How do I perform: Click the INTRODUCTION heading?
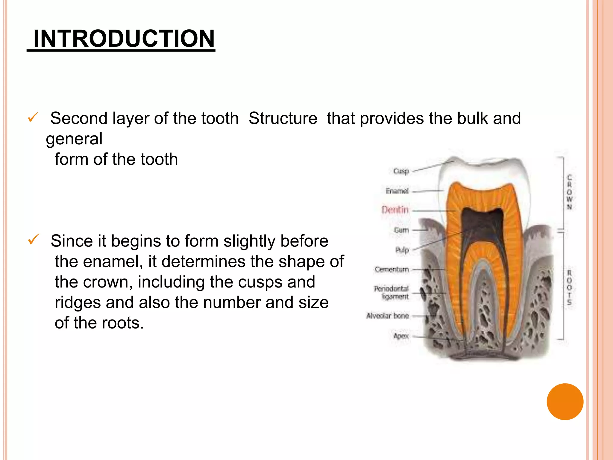coord(124,39)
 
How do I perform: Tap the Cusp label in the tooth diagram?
coord(401,171)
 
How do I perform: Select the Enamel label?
coord(397,191)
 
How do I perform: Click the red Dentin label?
coord(395,210)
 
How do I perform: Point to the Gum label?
coord(401,230)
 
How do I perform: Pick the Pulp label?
coord(402,250)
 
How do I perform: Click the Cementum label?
coord(392,270)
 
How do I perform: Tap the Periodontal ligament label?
coord(391,292)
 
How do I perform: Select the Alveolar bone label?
coord(388,316)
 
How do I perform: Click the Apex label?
coord(401,336)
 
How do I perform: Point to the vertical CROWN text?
coord(569,192)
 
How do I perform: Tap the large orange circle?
coord(565,402)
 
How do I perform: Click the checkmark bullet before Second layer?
coord(33,117)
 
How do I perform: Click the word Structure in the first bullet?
coord(283,118)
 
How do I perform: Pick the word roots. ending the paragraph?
coord(123,323)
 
